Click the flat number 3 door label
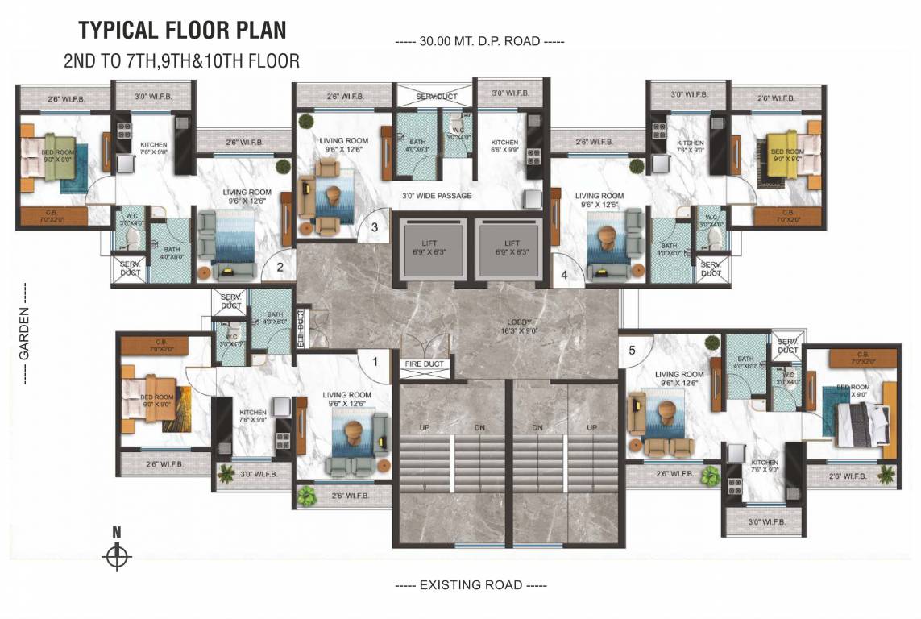coord(374,227)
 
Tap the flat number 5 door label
coord(632,350)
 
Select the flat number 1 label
coord(375,362)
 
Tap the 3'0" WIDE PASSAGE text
coord(437,196)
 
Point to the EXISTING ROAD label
coord(471,584)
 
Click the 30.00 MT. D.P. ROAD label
coord(479,41)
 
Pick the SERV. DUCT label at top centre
coord(436,97)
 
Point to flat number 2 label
coord(280,268)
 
